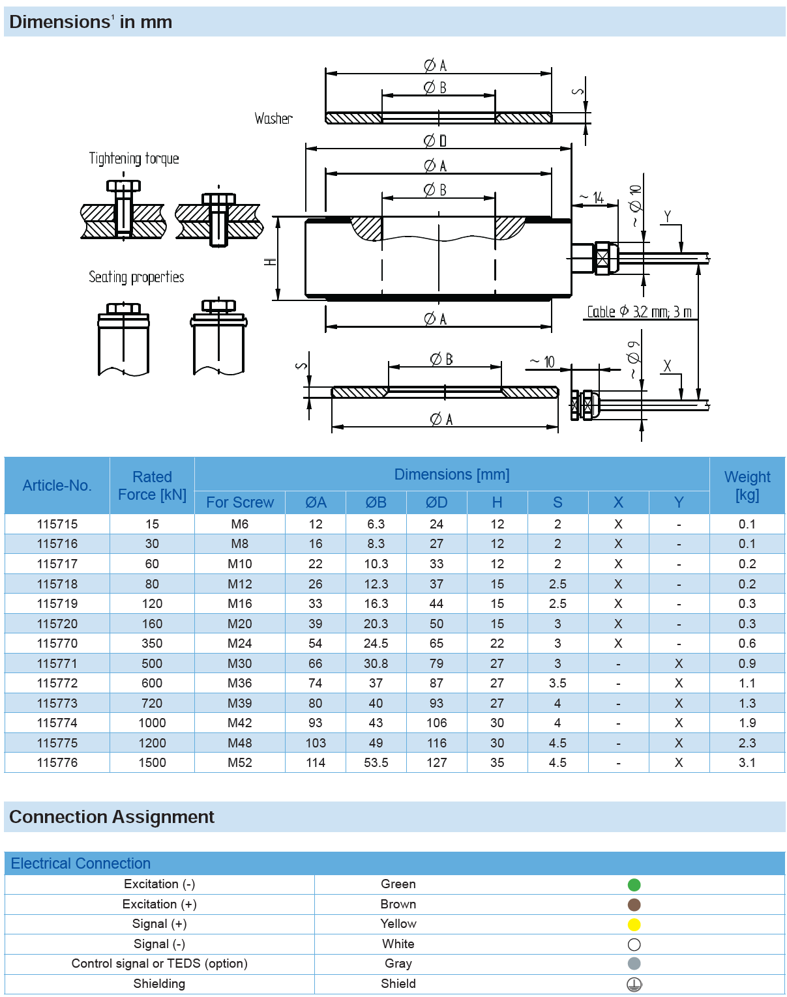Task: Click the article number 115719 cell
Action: pos(57,603)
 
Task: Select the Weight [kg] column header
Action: pos(747,485)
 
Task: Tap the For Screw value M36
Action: pos(240,683)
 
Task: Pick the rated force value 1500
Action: pos(152,762)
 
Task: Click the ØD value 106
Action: pos(436,723)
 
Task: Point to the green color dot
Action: pos(634,884)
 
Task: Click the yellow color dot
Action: pos(634,924)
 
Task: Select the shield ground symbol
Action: pos(634,984)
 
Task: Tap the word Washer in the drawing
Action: pos(273,119)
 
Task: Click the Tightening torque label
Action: pos(134,158)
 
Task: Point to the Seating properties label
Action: pos(136,277)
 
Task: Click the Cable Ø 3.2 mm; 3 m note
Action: pos(639,312)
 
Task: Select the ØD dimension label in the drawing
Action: pos(435,141)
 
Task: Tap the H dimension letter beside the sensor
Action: pos(270,261)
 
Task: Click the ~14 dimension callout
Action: pos(593,197)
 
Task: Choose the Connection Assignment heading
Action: pos(111,816)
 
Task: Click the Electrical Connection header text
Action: pos(81,863)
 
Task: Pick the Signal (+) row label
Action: pos(159,924)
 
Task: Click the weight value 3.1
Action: pos(747,762)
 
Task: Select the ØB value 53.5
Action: pos(376,762)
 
